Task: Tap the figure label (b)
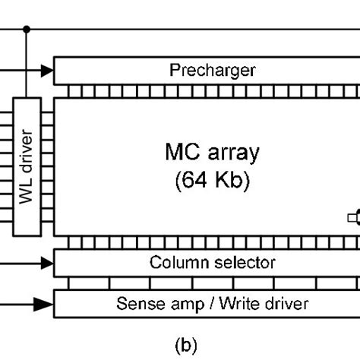coord(185,346)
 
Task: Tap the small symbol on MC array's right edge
coord(353,218)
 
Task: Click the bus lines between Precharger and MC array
coord(206,90)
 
